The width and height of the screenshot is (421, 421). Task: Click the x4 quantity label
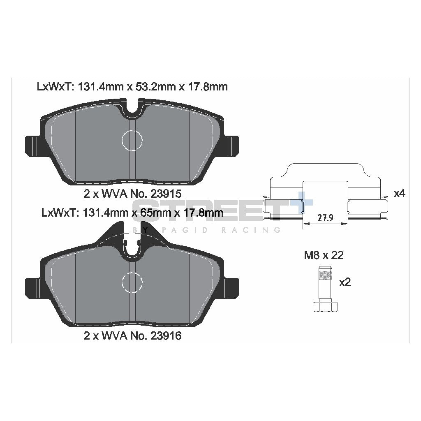coord(399,193)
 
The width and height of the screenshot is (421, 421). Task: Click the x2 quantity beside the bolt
coord(345,282)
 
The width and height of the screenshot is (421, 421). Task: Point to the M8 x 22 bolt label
coord(324,255)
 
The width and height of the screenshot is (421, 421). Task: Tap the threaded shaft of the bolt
coord(325,284)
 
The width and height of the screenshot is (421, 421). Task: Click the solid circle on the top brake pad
coord(132,140)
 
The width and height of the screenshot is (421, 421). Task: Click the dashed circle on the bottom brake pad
coord(132,282)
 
